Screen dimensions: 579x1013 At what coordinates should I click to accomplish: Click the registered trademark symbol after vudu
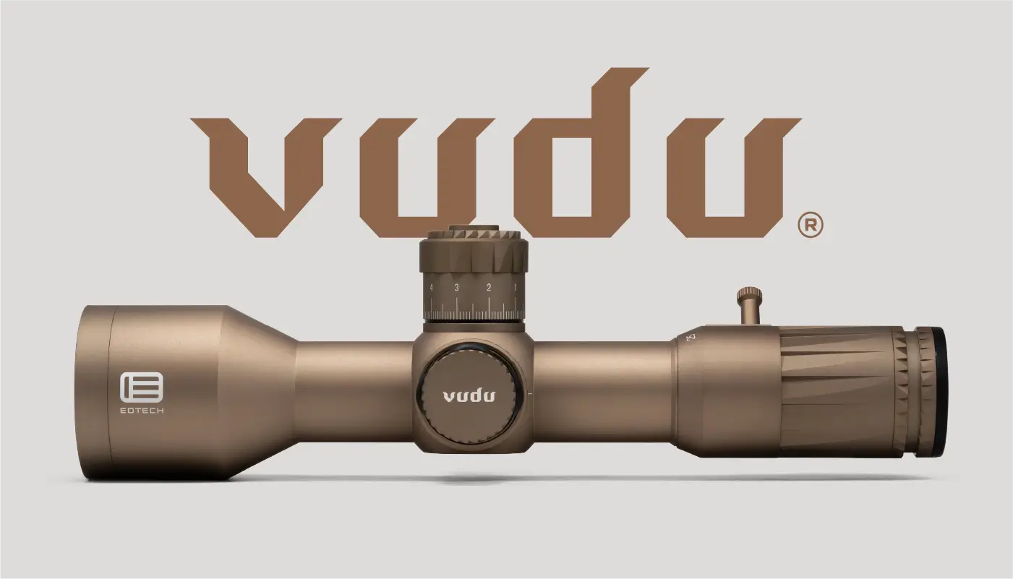810,226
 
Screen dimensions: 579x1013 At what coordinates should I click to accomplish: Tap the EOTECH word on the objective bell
142,411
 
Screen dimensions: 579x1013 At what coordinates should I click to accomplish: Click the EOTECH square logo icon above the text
142,387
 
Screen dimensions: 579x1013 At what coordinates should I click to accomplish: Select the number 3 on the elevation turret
456,288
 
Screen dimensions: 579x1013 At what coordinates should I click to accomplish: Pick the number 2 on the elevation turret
489,288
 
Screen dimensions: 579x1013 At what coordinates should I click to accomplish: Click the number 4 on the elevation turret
431,288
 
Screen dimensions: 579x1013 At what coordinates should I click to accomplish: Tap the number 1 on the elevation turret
515,288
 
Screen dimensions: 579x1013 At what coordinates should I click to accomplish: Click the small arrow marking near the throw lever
691,337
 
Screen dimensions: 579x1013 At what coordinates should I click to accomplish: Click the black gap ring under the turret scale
473,321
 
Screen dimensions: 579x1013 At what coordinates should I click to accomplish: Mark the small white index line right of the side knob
531,394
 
